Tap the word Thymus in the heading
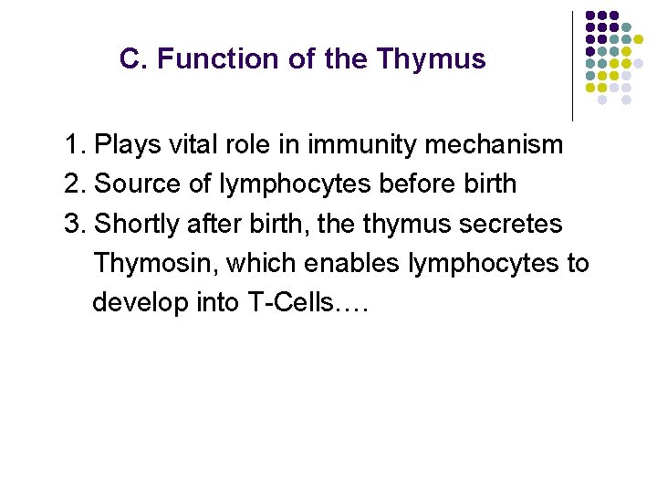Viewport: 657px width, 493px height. tap(431, 60)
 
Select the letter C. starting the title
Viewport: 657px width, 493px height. tap(133, 59)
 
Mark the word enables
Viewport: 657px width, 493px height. tap(354, 263)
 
